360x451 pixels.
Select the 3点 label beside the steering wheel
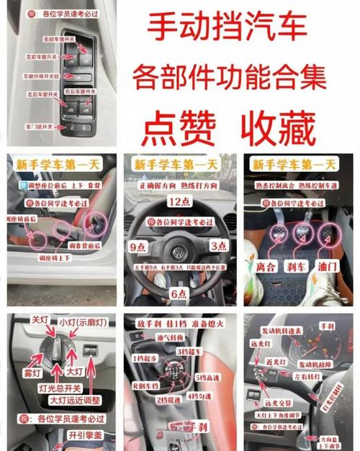point(219,246)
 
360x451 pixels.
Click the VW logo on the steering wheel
point(179,252)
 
